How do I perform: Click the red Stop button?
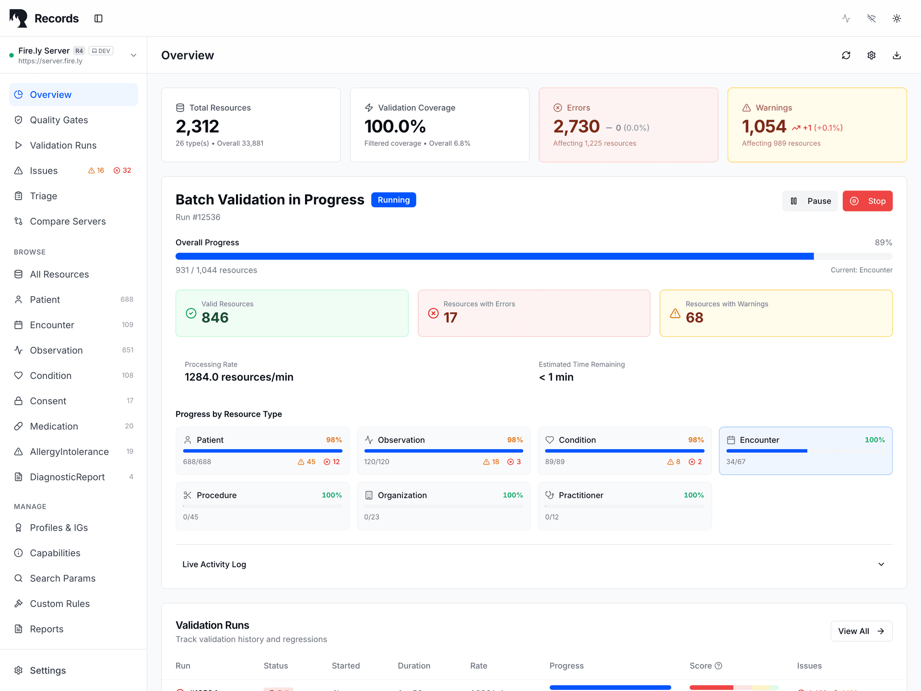(x=867, y=201)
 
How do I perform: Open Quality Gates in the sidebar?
(x=59, y=120)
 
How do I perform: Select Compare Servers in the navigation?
(x=68, y=221)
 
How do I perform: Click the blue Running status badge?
(x=393, y=200)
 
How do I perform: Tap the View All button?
(x=861, y=631)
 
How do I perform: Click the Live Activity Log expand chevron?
(x=881, y=564)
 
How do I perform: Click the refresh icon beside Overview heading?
(x=846, y=55)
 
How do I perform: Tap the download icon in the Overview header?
(x=897, y=55)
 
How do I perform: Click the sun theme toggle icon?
(x=897, y=18)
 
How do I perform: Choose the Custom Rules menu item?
(x=59, y=604)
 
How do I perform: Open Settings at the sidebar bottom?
(x=47, y=670)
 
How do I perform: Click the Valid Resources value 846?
(x=215, y=318)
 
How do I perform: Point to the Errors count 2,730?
(x=576, y=127)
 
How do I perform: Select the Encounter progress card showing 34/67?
(x=805, y=451)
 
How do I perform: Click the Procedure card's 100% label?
(x=331, y=495)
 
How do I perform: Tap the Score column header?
(x=701, y=666)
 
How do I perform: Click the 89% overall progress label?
(x=883, y=242)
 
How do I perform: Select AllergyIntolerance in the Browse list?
(x=69, y=452)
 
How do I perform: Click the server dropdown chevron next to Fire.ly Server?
(x=133, y=55)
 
